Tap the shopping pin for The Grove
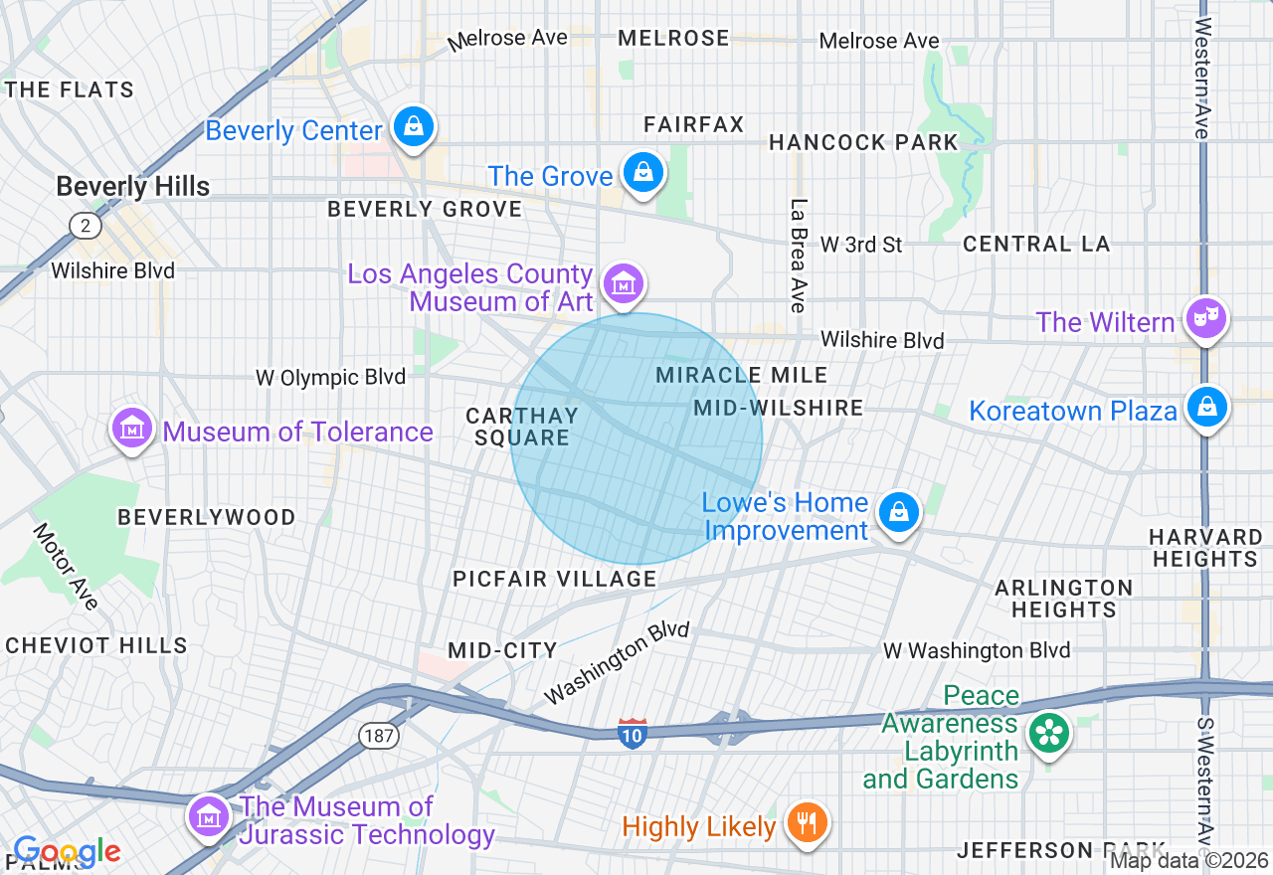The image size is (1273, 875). (x=643, y=173)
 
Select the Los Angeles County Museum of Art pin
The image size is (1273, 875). (x=624, y=284)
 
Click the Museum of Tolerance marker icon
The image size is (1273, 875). (x=132, y=429)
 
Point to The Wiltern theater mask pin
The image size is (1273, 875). (x=1205, y=319)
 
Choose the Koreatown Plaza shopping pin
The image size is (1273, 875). (x=1205, y=407)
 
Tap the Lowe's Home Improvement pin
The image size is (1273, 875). (x=898, y=512)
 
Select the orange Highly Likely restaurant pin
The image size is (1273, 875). (x=807, y=823)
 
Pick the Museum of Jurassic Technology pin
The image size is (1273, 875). (x=209, y=817)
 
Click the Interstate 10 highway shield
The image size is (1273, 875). (x=633, y=733)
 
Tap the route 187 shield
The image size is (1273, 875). (x=379, y=737)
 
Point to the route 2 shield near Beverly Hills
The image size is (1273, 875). (x=86, y=226)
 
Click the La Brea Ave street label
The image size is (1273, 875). (x=798, y=256)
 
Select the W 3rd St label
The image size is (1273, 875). (x=860, y=244)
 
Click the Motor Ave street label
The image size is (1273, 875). (x=66, y=566)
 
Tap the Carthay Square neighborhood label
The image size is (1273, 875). (x=522, y=427)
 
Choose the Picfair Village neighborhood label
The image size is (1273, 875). (x=554, y=579)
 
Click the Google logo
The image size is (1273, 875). (x=67, y=852)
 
